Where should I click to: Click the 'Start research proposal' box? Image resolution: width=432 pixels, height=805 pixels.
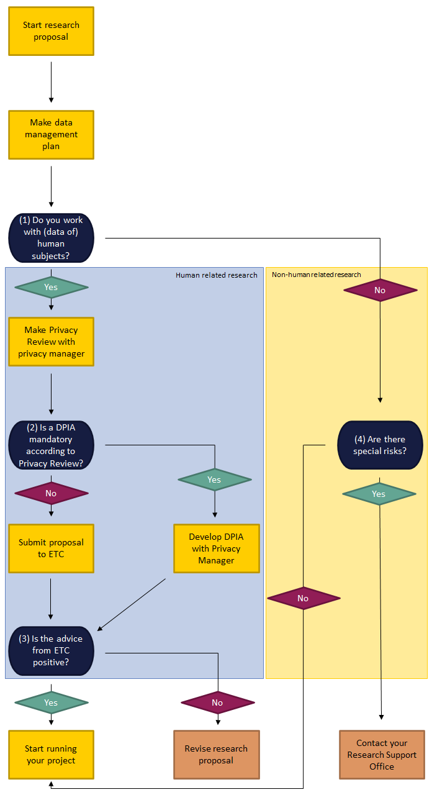pyautogui.click(x=51, y=31)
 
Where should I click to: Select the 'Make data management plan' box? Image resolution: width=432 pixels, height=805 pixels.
pyautogui.click(x=51, y=135)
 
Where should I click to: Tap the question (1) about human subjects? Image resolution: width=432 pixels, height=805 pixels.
pyautogui.click(x=51, y=238)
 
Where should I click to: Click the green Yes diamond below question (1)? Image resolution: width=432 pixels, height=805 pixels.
pyautogui.click(x=51, y=287)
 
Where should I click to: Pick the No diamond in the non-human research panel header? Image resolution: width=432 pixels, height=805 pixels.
pyautogui.click(x=380, y=290)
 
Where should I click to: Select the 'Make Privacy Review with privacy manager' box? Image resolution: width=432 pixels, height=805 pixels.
pyautogui.click(x=51, y=342)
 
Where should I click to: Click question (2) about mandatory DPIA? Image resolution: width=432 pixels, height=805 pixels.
pyautogui.click(x=51, y=445)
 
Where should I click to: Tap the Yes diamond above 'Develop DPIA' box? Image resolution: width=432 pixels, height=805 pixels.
pyautogui.click(x=214, y=480)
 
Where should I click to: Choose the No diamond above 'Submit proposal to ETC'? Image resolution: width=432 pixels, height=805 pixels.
pyautogui.click(x=51, y=493)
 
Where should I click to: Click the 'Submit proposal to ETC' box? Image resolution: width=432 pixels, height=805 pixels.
pyautogui.click(x=51, y=548)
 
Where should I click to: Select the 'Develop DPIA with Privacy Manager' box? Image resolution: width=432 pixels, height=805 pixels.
pyautogui.click(x=216, y=548)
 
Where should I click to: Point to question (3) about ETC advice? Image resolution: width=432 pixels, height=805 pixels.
pyautogui.click(x=51, y=651)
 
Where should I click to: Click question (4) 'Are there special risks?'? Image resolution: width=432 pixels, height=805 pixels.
pyautogui.click(x=380, y=445)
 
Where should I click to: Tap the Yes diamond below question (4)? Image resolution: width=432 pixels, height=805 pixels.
pyautogui.click(x=379, y=494)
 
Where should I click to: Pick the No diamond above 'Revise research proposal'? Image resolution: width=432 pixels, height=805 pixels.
pyautogui.click(x=218, y=703)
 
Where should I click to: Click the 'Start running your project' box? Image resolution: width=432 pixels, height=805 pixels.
pyautogui.click(x=51, y=755)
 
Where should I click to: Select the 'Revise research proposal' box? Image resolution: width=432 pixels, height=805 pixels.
pyautogui.click(x=216, y=755)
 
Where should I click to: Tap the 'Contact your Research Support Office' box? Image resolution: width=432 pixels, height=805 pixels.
pyautogui.click(x=382, y=755)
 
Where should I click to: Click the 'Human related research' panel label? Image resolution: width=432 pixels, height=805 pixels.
pyautogui.click(x=216, y=275)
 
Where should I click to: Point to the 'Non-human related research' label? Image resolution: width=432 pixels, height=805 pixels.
pyautogui.click(x=316, y=275)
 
